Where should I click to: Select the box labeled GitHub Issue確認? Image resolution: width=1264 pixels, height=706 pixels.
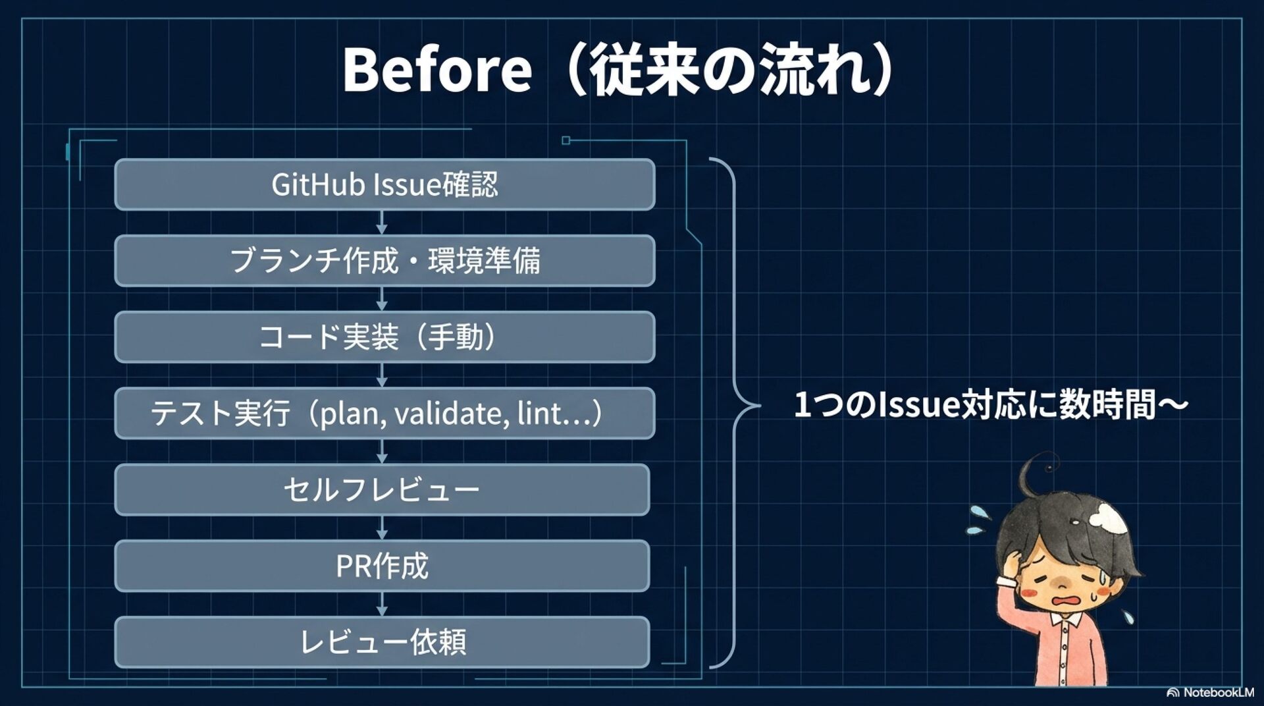pos(384,184)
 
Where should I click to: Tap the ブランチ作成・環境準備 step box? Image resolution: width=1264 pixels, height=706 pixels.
pos(384,261)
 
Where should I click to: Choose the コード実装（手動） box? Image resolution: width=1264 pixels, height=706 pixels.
pos(384,337)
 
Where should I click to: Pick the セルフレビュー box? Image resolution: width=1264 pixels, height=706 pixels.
pos(382,490)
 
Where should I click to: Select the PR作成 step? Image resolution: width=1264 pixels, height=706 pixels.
pos(382,566)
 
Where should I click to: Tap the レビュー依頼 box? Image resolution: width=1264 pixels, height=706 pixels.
pos(382,642)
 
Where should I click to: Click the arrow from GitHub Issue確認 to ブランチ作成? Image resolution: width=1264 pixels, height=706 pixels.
pos(382,223)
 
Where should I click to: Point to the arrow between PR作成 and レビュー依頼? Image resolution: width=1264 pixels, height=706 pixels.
pos(382,604)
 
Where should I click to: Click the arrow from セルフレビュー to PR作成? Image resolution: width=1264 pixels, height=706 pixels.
pos(382,528)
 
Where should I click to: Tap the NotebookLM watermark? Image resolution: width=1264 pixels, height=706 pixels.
pos(1211,692)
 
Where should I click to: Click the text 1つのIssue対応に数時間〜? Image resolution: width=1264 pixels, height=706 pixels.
pos(991,404)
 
